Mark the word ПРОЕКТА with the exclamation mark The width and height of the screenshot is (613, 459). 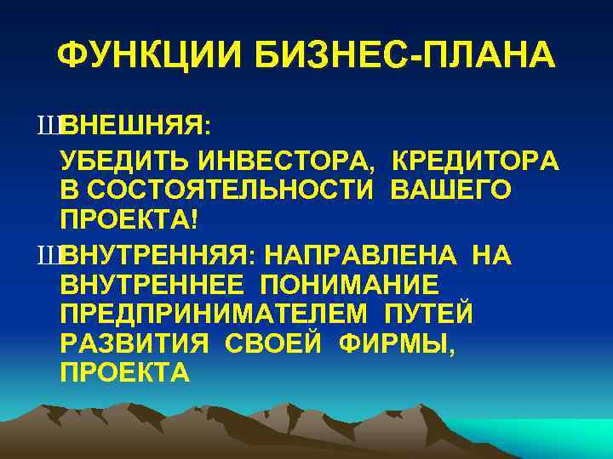[x=129, y=220]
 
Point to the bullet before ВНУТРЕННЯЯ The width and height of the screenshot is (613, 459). [x=49, y=252]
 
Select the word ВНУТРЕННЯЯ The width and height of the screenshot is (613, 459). [x=159, y=252]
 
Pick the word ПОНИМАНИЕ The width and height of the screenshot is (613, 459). [x=349, y=282]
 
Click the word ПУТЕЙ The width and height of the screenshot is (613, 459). [x=429, y=313]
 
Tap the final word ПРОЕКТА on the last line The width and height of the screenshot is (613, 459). [x=124, y=373]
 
